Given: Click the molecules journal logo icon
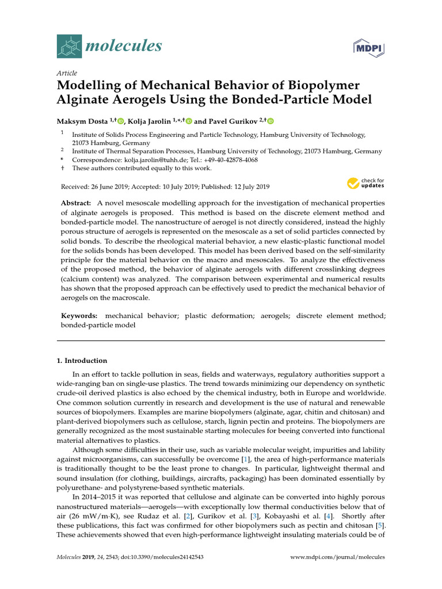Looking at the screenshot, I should click(69, 46).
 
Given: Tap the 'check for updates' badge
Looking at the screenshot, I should click(365, 183).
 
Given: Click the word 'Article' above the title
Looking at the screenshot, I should click(67, 73).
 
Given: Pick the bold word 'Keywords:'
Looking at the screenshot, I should click(79, 316).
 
